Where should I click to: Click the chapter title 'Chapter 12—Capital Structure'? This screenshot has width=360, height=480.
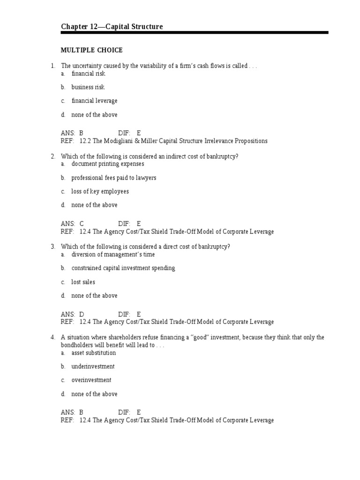[x=112, y=27]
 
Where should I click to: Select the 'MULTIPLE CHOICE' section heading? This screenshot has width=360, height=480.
[x=92, y=50]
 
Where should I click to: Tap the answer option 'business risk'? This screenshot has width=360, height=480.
[x=88, y=87]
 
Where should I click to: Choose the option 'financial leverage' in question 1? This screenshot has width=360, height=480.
[x=94, y=101]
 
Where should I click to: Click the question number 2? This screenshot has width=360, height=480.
[x=53, y=156]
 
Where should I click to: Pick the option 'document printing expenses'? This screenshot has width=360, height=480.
[x=107, y=164]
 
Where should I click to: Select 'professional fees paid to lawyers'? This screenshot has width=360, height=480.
[x=113, y=178]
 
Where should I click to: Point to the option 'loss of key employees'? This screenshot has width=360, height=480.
[x=100, y=191]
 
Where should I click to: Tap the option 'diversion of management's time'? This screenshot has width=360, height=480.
[x=113, y=255]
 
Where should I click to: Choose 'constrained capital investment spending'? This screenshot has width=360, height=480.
[x=123, y=268]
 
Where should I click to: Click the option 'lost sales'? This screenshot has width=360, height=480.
[x=83, y=282]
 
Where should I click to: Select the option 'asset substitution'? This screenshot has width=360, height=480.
[x=93, y=353]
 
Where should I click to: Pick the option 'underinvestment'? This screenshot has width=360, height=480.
[x=93, y=367]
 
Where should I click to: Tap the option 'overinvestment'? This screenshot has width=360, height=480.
[x=91, y=380]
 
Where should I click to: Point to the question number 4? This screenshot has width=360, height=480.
[x=53, y=337]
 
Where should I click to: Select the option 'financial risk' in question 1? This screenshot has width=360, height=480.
[x=88, y=74]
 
